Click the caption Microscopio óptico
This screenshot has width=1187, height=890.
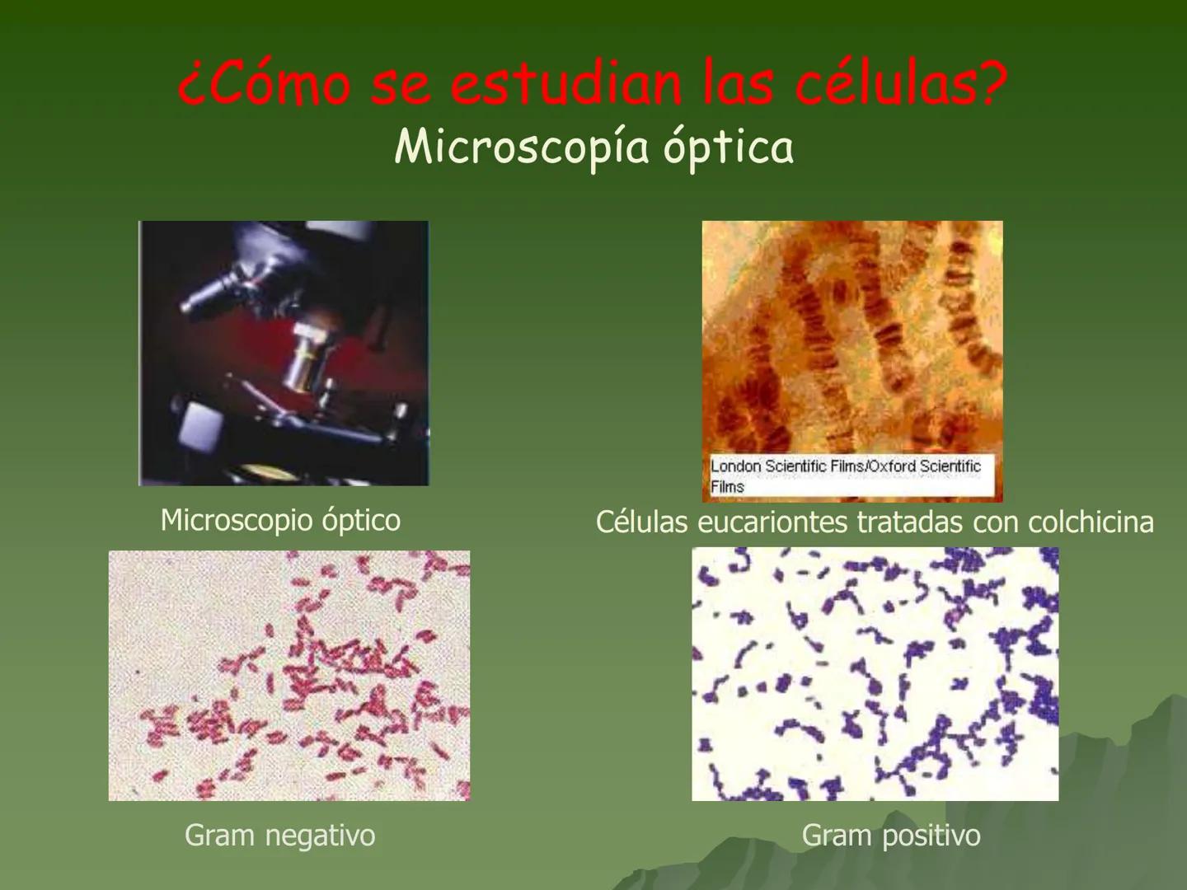(x=280, y=520)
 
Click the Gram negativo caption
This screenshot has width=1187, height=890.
(x=279, y=836)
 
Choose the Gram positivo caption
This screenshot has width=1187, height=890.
(x=891, y=836)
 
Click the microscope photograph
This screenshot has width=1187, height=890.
(x=284, y=353)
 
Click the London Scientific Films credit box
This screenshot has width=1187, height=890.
(x=851, y=475)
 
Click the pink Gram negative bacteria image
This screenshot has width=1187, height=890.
(x=289, y=676)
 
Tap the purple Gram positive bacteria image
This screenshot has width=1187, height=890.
(x=875, y=674)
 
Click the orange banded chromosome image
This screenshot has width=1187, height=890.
(x=852, y=338)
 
